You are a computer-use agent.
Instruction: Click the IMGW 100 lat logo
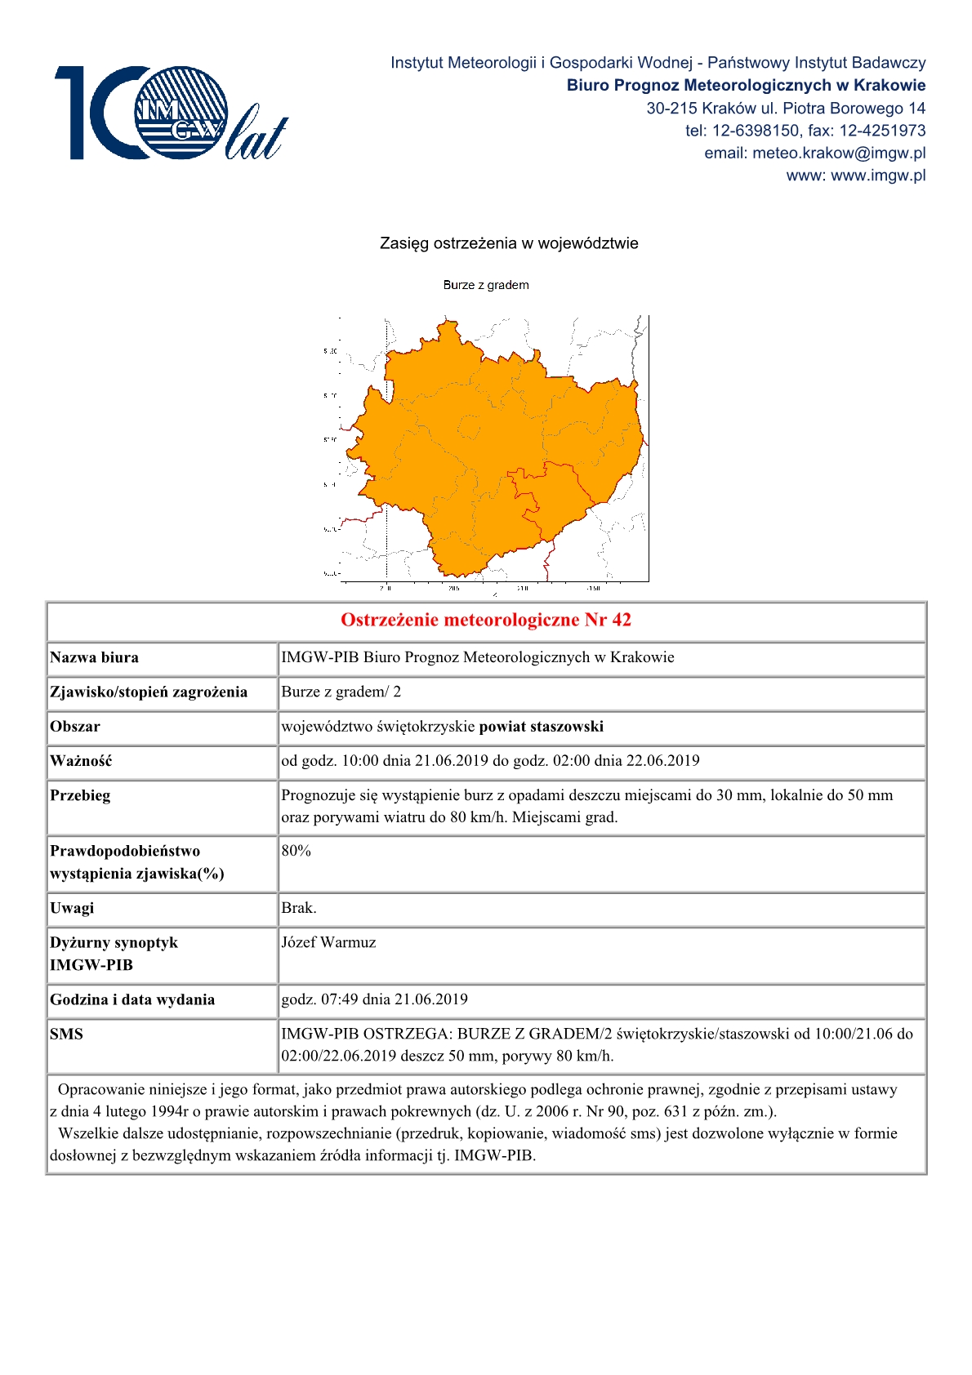[171, 113]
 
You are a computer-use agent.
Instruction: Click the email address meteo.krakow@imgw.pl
[839, 153]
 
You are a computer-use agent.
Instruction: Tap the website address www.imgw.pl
[878, 175]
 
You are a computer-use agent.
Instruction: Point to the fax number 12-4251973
[883, 131]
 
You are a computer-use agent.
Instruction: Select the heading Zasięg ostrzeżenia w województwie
[509, 243]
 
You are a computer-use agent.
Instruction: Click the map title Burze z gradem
[486, 285]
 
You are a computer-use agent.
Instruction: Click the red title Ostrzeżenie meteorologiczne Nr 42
[486, 620]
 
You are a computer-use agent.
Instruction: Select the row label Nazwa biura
[94, 657]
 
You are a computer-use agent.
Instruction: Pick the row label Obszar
[75, 726]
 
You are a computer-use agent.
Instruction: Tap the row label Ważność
[81, 760]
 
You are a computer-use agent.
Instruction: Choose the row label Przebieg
[80, 794]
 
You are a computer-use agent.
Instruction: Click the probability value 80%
[297, 850]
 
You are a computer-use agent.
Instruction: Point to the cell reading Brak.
[299, 907]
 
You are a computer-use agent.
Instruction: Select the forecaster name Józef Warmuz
[328, 941]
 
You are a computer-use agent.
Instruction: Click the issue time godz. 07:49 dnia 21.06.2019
[374, 999]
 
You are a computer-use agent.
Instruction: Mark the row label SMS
[66, 1033]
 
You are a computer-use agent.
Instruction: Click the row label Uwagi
[72, 907]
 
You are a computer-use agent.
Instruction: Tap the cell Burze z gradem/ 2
[341, 692]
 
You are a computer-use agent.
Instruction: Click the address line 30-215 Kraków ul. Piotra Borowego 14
[786, 108]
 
